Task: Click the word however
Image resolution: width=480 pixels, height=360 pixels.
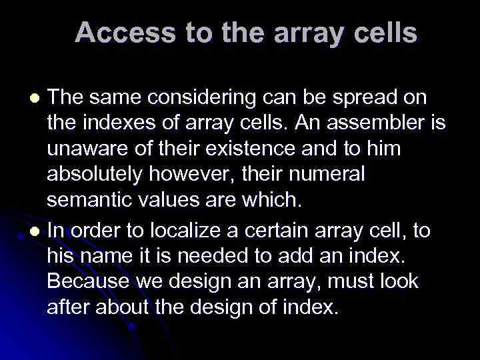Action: tap(202, 173)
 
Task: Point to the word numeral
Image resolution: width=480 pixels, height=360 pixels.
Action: tap(330, 173)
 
